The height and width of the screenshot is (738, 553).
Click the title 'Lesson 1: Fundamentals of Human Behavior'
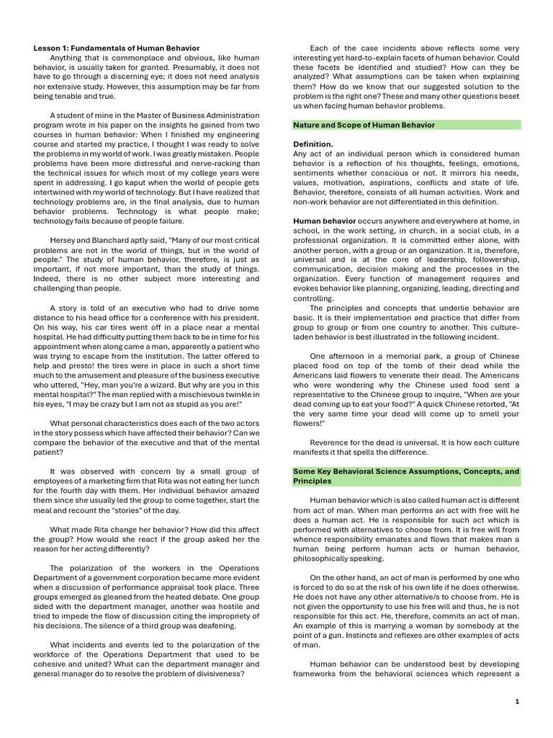tap(117, 48)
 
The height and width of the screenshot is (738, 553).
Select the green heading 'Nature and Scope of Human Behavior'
tap(364, 125)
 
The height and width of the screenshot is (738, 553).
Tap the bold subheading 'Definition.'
tap(313, 144)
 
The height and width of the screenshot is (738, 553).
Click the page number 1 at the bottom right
tap(517, 701)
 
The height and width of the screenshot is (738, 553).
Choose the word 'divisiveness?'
tap(217, 675)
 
